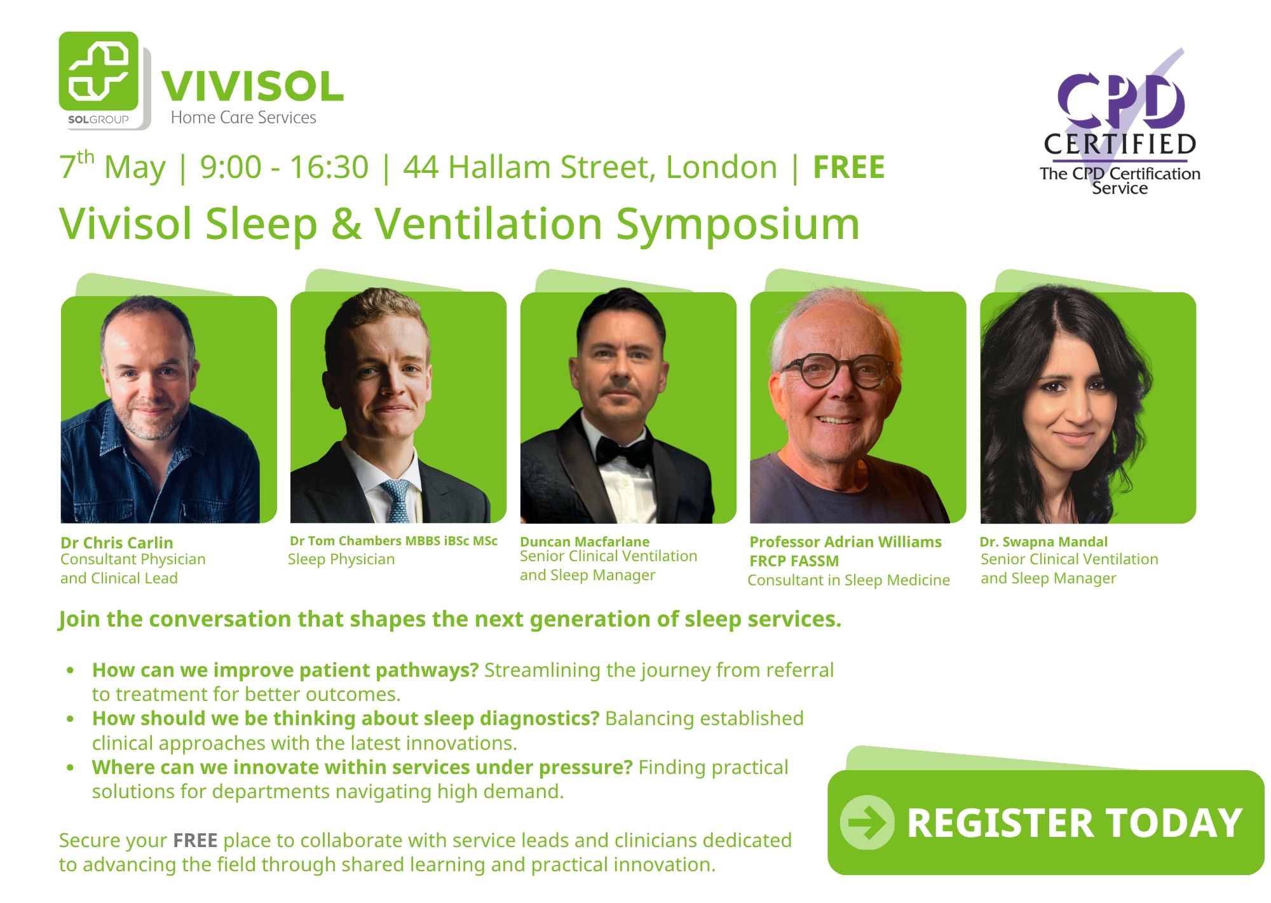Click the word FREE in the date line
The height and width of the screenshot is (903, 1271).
click(x=849, y=167)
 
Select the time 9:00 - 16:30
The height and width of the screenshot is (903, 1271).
click(x=284, y=167)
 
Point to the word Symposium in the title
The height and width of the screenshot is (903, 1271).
click(x=738, y=225)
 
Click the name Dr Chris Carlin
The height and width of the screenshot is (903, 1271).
click(x=116, y=543)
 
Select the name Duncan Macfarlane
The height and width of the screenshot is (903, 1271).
click(x=585, y=541)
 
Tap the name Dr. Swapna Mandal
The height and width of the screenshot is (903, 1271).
click(x=1043, y=541)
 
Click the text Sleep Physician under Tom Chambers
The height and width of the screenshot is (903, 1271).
click(x=341, y=559)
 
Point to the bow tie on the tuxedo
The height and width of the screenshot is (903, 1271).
click(x=623, y=450)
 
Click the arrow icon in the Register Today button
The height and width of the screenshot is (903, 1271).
click(x=867, y=822)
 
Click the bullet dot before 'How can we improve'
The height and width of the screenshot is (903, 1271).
click(x=71, y=670)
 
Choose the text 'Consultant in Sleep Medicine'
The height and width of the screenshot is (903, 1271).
click(x=848, y=580)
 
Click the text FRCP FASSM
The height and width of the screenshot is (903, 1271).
click(x=794, y=561)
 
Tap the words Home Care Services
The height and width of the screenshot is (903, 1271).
click(x=243, y=118)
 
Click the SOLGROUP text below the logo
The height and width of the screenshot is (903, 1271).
click(x=99, y=119)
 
